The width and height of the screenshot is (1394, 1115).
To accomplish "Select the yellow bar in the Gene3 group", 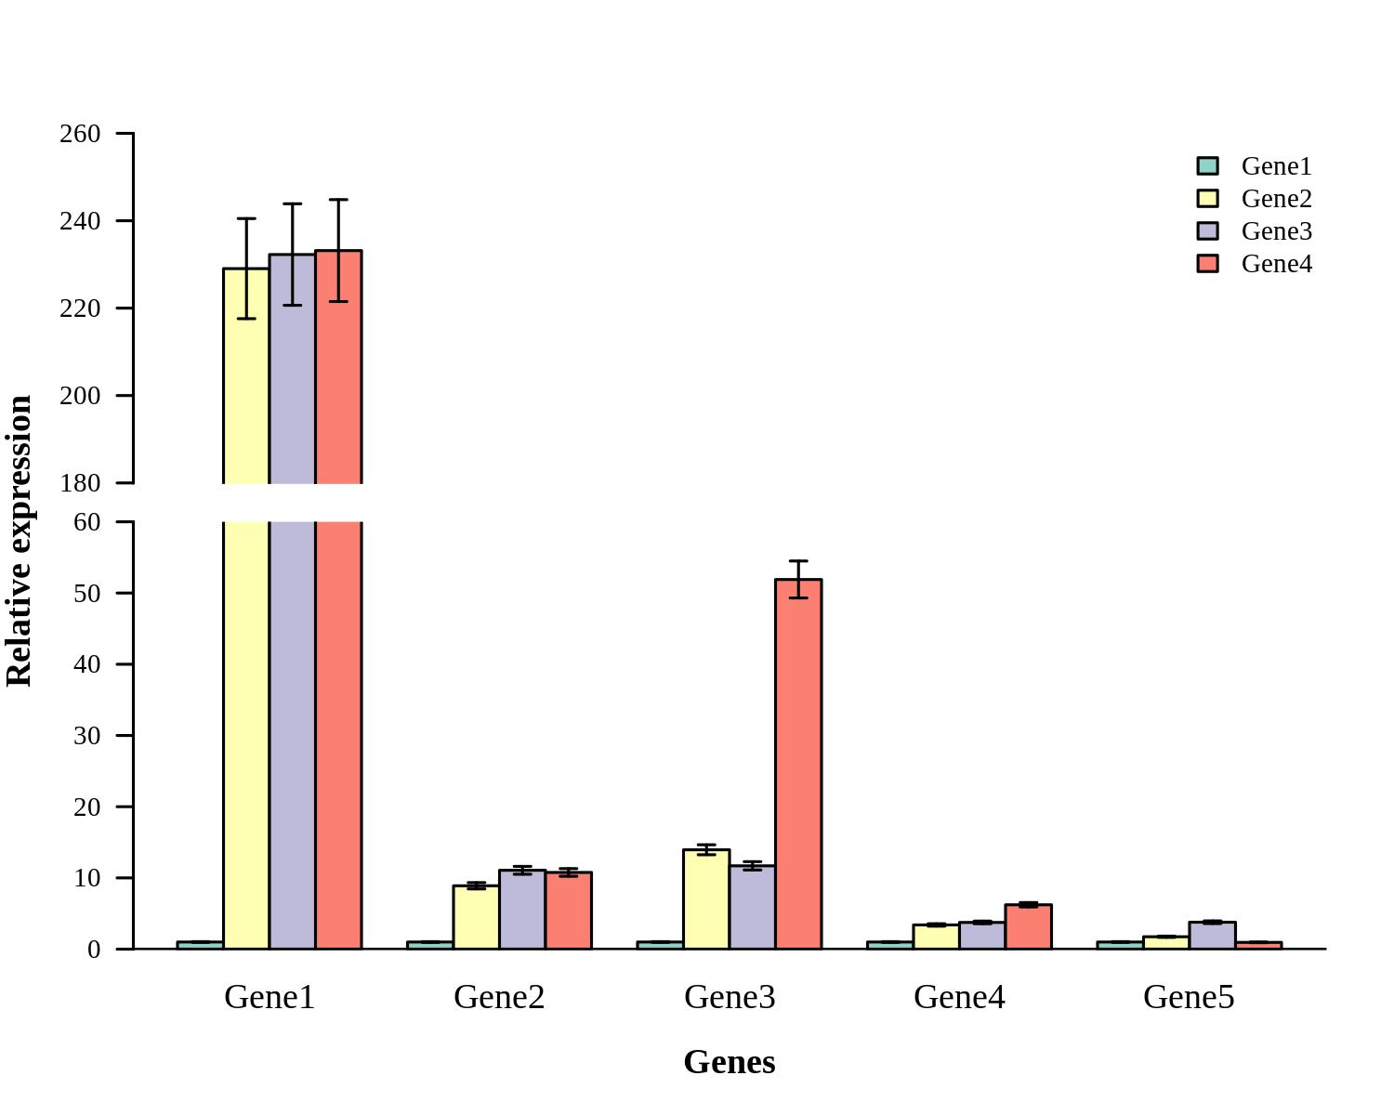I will click(x=706, y=899).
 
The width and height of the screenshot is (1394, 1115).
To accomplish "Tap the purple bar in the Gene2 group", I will click(x=522, y=910).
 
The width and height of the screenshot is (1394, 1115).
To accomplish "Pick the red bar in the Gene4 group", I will click(x=1028, y=926).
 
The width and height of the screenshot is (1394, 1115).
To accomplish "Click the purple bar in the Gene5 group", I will click(x=1212, y=936).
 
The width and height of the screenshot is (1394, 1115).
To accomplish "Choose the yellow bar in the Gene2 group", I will click(x=476, y=917).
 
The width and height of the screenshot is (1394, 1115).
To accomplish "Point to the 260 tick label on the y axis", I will click(x=80, y=134).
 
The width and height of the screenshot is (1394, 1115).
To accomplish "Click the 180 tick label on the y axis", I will click(x=80, y=483).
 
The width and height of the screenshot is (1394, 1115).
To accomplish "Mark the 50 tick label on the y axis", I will click(x=86, y=593).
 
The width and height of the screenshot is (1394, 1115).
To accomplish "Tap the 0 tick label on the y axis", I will click(x=94, y=950).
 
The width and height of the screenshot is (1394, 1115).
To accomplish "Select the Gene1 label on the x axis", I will click(x=270, y=997).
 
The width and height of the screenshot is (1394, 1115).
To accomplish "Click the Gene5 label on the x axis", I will click(x=1189, y=997).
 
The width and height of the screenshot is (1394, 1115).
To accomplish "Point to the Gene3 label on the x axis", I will click(x=730, y=997).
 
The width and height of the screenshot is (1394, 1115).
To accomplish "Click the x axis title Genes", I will click(x=730, y=1062).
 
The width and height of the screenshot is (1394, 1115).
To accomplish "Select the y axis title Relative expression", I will click(x=20, y=541).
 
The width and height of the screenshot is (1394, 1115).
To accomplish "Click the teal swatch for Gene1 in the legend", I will click(x=1207, y=166).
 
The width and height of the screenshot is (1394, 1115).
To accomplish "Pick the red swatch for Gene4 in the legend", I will click(x=1207, y=264).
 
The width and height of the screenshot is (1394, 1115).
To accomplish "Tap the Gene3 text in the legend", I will click(x=1276, y=231).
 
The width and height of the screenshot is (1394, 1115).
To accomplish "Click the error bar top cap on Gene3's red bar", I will click(x=798, y=561).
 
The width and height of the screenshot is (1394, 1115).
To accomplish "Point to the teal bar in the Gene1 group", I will click(x=200, y=945).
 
